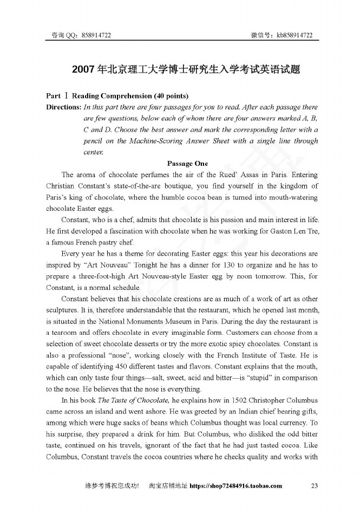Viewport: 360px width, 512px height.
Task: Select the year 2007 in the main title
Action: tap(83, 70)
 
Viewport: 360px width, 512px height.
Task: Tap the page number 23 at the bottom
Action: tap(315, 485)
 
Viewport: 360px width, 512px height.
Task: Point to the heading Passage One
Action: tap(187, 163)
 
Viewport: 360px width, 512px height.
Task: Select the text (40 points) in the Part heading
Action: tap(171, 96)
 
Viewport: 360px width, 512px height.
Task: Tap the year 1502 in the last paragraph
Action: tap(226, 400)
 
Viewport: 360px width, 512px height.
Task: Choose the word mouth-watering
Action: tap(293, 197)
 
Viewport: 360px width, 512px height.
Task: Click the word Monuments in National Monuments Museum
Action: tap(141, 321)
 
